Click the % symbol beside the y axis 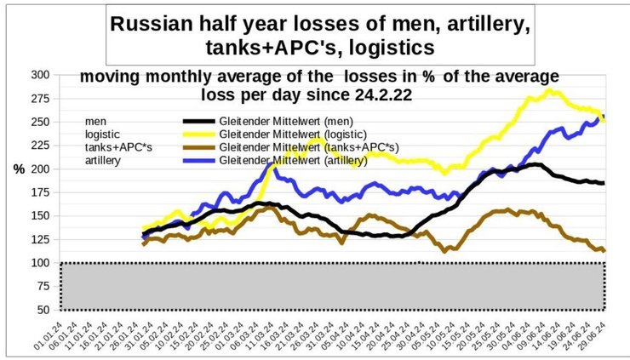point(18,169)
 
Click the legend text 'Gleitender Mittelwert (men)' point(283,120)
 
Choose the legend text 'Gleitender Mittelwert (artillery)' point(293,160)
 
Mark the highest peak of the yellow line point(551,90)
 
